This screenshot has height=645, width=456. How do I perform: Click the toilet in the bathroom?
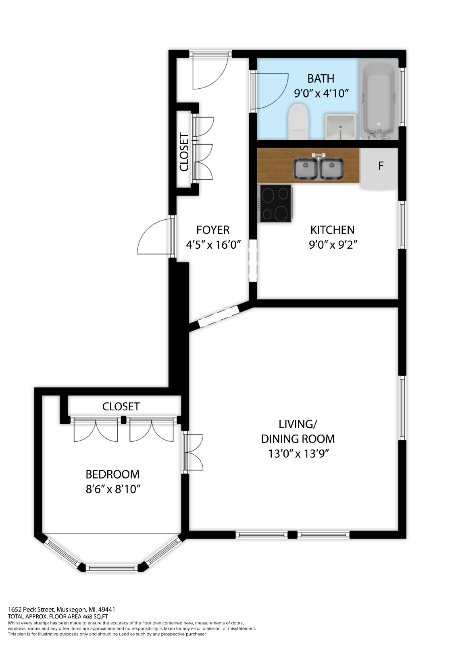(298, 121)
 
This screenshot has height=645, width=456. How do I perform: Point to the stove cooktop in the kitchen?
(276, 203)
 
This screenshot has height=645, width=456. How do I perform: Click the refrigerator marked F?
(379, 169)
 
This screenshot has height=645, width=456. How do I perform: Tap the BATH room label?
(321, 79)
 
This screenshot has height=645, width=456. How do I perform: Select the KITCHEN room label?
(332, 230)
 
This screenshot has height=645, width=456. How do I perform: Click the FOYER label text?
(213, 230)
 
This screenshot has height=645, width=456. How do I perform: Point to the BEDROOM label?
(112, 474)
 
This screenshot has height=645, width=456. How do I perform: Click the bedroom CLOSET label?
(121, 407)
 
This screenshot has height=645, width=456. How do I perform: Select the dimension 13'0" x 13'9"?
(298, 454)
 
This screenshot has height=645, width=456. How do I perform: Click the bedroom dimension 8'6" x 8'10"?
(112, 489)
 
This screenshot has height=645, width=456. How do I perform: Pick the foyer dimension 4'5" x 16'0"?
(213, 245)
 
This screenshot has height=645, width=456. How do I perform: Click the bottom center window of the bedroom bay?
(112, 568)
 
